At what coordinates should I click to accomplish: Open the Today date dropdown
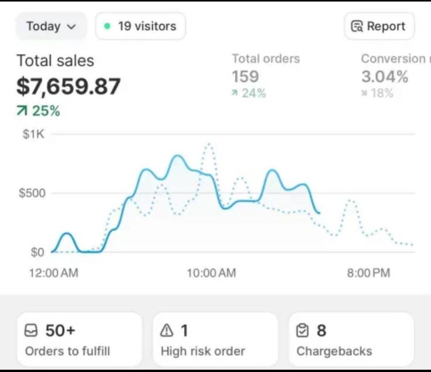(x=51, y=26)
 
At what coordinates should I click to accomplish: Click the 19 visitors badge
(x=140, y=26)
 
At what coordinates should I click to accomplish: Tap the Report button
(x=379, y=26)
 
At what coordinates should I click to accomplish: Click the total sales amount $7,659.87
(x=69, y=86)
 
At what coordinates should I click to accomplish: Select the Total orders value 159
(x=245, y=76)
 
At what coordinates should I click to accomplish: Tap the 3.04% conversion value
(x=384, y=76)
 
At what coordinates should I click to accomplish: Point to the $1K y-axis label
(x=33, y=134)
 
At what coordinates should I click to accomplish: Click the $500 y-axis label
(x=32, y=193)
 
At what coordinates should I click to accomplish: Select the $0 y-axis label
(x=37, y=252)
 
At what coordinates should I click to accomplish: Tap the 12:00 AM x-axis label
(x=53, y=273)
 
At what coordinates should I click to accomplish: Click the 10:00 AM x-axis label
(x=211, y=273)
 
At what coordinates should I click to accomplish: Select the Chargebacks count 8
(x=321, y=331)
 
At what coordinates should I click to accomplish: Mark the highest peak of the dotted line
(x=209, y=143)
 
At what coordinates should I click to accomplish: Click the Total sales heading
(x=55, y=60)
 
